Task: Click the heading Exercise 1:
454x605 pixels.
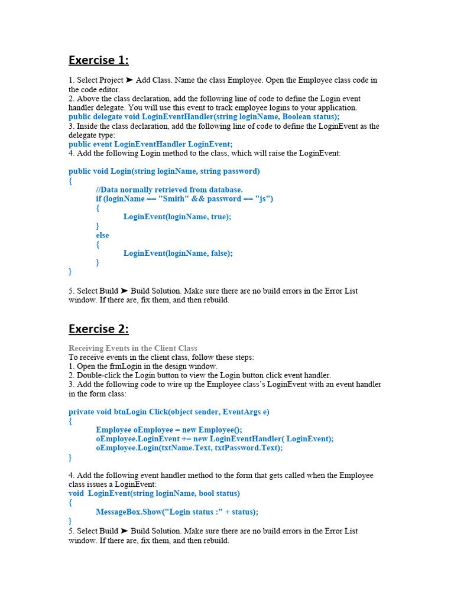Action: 98,60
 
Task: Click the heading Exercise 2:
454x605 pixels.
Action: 98,328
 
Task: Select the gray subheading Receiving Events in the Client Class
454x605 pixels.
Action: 133,348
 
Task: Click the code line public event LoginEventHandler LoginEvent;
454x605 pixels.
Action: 151,144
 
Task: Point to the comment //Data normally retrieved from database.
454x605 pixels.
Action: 169,190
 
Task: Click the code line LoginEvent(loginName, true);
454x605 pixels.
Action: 177,217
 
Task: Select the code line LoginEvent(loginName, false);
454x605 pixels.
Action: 178,253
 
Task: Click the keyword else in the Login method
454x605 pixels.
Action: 102,235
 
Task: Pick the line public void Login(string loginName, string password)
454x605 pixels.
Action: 164,171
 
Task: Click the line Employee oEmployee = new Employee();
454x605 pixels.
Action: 169,430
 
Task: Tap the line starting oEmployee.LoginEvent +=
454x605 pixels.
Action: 215,439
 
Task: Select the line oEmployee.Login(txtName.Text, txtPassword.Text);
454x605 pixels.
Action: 189,448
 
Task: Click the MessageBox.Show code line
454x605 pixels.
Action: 177,512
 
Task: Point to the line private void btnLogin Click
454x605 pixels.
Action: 169,412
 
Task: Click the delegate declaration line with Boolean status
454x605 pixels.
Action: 204,117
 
